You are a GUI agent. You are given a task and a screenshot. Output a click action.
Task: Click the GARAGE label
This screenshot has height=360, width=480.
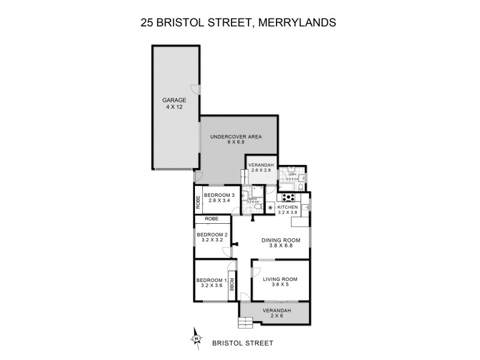175,100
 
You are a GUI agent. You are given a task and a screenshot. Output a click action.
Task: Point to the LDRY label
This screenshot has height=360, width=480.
292,174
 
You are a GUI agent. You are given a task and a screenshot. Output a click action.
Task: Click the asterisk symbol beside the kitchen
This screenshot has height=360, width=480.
270,208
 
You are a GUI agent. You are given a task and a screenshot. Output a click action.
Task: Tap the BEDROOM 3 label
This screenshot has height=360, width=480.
219,195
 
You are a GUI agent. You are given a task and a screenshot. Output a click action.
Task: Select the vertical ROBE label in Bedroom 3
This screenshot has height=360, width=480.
197,203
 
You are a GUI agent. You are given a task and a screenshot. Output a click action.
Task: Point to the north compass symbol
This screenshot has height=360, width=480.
196,340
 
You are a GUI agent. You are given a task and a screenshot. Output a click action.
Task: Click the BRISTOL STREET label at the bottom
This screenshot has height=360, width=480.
243,343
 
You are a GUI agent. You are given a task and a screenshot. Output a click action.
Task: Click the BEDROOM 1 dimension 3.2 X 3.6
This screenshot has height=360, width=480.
211,286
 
